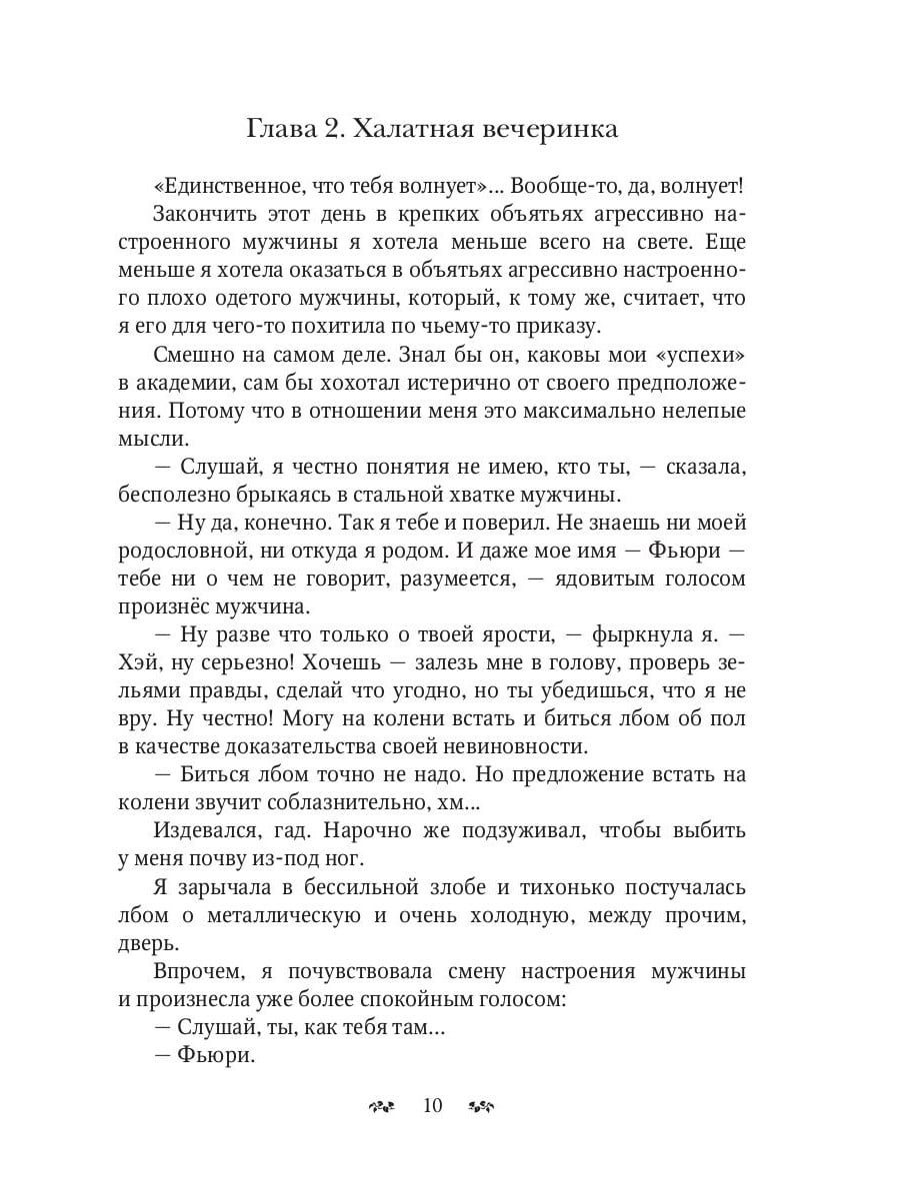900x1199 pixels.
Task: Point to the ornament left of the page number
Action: click(384, 1105)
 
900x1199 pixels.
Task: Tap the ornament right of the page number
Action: click(482, 1105)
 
